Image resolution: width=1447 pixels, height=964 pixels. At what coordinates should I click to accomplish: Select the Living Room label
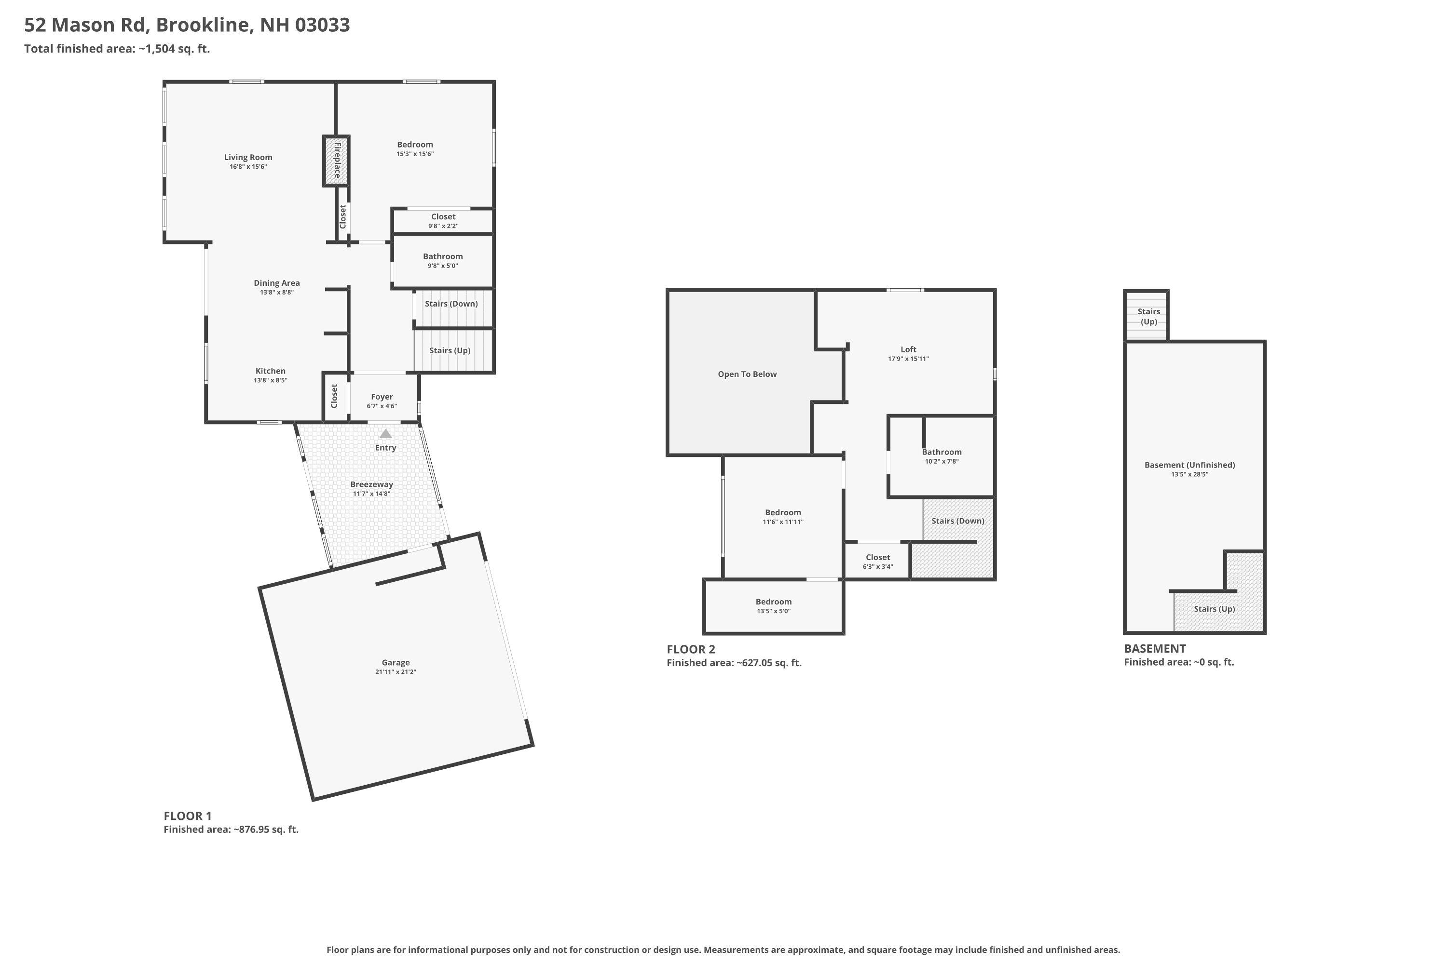coord(248,158)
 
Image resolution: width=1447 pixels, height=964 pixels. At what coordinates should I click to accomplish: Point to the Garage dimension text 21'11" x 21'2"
coord(396,672)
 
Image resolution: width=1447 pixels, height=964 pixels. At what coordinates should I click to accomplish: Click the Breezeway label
coord(371,484)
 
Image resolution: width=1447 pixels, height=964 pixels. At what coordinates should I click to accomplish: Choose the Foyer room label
coord(382,397)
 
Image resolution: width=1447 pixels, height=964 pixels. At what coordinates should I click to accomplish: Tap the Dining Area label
coord(277,283)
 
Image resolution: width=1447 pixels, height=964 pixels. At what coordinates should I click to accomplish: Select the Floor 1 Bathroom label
coord(443,256)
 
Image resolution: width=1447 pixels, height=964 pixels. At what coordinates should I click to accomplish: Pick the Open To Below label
coord(748,374)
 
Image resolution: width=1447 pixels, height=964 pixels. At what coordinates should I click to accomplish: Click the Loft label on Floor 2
coord(909,349)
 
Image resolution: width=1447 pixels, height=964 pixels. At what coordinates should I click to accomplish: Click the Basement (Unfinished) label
coord(1190,465)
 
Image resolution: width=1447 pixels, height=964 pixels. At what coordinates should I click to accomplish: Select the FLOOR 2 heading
coord(691,649)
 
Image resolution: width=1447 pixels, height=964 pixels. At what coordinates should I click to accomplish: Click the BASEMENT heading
coord(1155,649)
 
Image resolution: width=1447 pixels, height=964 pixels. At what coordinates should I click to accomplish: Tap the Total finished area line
coord(117,49)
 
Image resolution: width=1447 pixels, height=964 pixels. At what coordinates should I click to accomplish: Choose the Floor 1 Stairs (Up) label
coord(450,350)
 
